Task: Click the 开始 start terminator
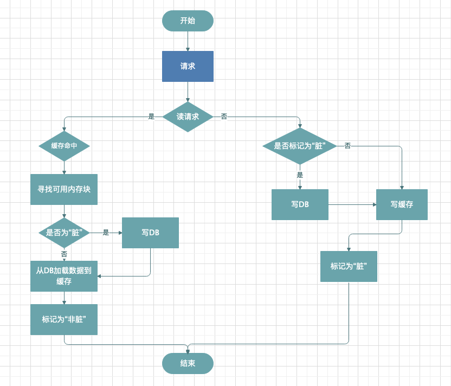coord(188,21)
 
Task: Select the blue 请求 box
coord(188,67)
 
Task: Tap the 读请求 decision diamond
coord(188,117)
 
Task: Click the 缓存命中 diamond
coord(64,146)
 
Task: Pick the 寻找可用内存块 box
coord(64,189)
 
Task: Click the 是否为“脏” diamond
coord(64,233)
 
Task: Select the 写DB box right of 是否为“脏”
coord(151,233)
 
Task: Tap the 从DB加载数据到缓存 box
coord(64,276)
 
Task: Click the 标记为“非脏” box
coord(64,319)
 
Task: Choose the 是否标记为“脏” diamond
coord(300,146)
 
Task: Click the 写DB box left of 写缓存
coord(300,204)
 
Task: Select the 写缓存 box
coord(402,204)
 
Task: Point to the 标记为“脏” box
coord(349,266)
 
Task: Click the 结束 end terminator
coord(188,364)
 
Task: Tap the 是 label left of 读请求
coord(151,117)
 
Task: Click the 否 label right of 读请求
coord(224,117)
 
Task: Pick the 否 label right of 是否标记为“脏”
coord(347,146)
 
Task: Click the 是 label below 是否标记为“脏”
coord(300,175)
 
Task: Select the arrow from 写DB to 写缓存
coord(352,204)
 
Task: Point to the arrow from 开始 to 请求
coord(188,41)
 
